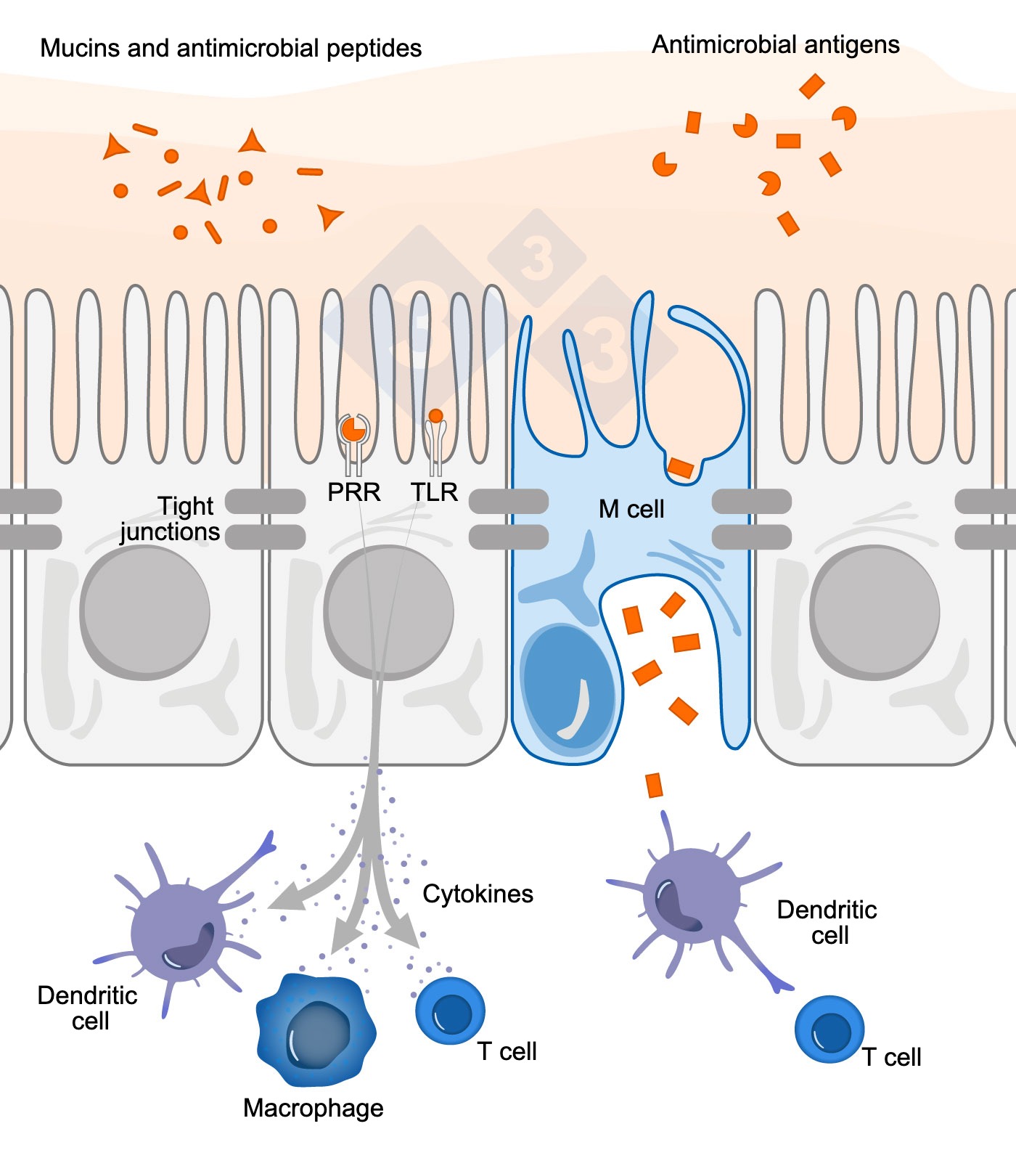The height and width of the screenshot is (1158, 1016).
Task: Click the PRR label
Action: click(353, 492)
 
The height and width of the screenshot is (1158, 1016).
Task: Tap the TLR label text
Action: click(434, 492)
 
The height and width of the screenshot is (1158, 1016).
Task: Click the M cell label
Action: click(631, 509)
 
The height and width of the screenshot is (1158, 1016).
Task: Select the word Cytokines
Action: click(478, 894)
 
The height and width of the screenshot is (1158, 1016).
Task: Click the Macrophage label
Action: click(313, 1108)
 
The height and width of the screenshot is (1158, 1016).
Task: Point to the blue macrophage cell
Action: click(316, 1029)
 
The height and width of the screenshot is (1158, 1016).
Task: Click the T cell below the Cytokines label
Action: click(450, 1010)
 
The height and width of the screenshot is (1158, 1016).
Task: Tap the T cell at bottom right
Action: click(829, 1029)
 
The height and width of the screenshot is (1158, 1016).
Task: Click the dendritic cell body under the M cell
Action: click(691, 897)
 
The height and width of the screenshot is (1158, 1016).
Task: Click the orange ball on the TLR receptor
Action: click(435, 416)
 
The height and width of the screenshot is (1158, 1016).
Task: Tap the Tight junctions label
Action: click(171, 518)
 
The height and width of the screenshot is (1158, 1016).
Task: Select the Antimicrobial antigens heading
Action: click(775, 45)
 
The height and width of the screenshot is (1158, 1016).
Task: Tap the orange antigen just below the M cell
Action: click(654, 786)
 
